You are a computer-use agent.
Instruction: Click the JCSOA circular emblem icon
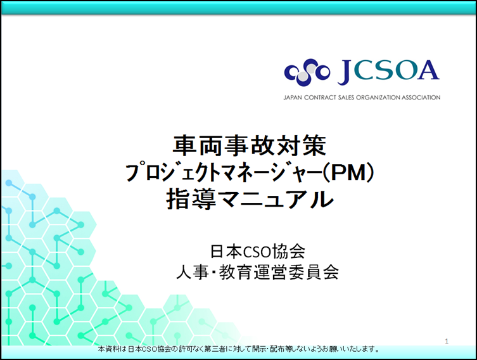[x=307, y=72]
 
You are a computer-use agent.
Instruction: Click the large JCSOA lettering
[x=388, y=72]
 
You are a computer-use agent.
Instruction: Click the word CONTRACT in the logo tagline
[x=320, y=98]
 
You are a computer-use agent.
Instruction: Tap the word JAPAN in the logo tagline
[x=293, y=98]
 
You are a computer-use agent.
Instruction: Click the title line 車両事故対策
[x=250, y=146]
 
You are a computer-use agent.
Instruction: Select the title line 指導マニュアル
[x=250, y=199]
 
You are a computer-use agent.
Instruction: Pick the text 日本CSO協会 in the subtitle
[x=257, y=252]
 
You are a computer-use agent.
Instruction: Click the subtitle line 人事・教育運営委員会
[x=257, y=272]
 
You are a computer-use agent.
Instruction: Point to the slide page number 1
[x=447, y=341]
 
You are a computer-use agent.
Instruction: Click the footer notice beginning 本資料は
[x=239, y=349]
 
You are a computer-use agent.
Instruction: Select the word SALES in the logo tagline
[x=347, y=98]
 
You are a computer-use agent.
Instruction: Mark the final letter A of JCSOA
[x=428, y=70]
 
